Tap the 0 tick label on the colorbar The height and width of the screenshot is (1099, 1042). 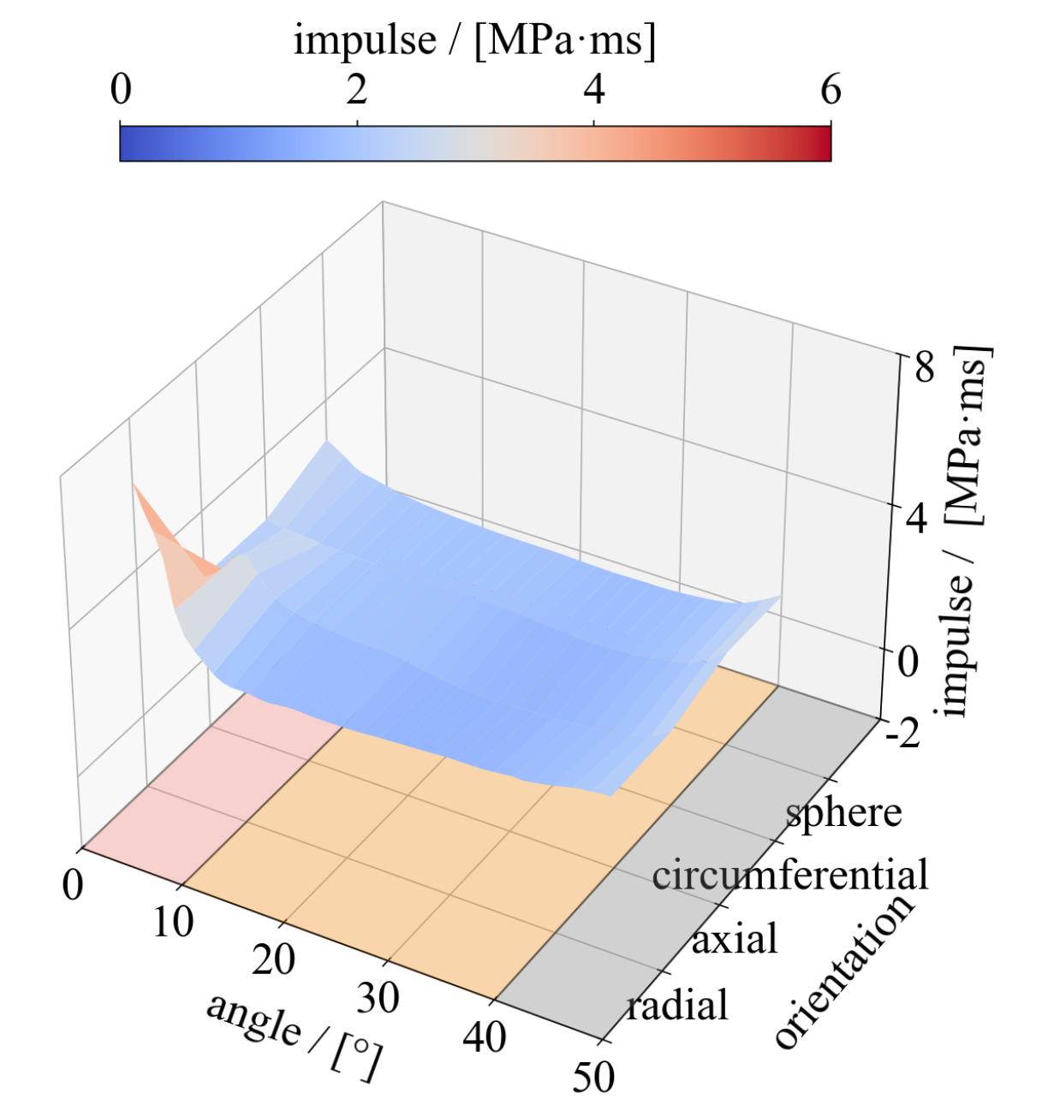click(x=122, y=90)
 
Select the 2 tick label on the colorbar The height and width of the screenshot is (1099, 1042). click(x=356, y=90)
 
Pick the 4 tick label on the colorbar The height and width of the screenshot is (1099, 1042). click(x=593, y=90)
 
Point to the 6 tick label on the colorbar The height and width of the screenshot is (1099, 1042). click(x=830, y=90)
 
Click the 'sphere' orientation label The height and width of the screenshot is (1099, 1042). click(x=843, y=812)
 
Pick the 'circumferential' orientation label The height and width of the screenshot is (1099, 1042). click(x=789, y=876)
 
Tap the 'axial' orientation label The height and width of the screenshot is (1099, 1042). click(x=735, y=939)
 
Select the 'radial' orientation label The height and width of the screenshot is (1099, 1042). click(x=676, y=1004)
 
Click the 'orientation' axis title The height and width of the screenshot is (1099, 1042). click(x=843, y=973)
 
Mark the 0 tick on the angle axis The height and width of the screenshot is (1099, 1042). click(x=73, y=886)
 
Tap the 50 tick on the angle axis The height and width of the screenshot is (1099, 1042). click(x=592, y=1078)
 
